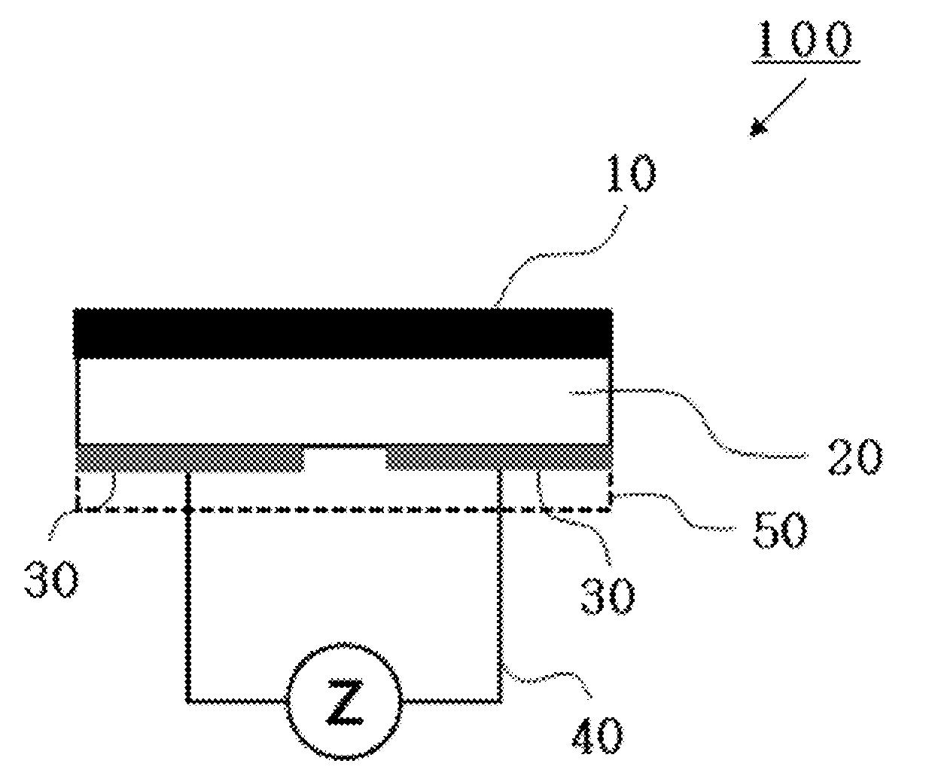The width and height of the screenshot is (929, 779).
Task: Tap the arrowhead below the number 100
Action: pos(757,128)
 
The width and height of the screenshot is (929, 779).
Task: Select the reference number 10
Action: pos(632,173)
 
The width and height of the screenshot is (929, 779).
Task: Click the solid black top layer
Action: pos(343,333)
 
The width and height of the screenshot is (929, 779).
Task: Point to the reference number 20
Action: pos(854,456)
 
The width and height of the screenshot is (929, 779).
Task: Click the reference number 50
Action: pos(780,530)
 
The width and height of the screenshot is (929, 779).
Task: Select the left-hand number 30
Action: pos(52,579)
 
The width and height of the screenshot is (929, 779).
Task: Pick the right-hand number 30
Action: pos(608,595)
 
